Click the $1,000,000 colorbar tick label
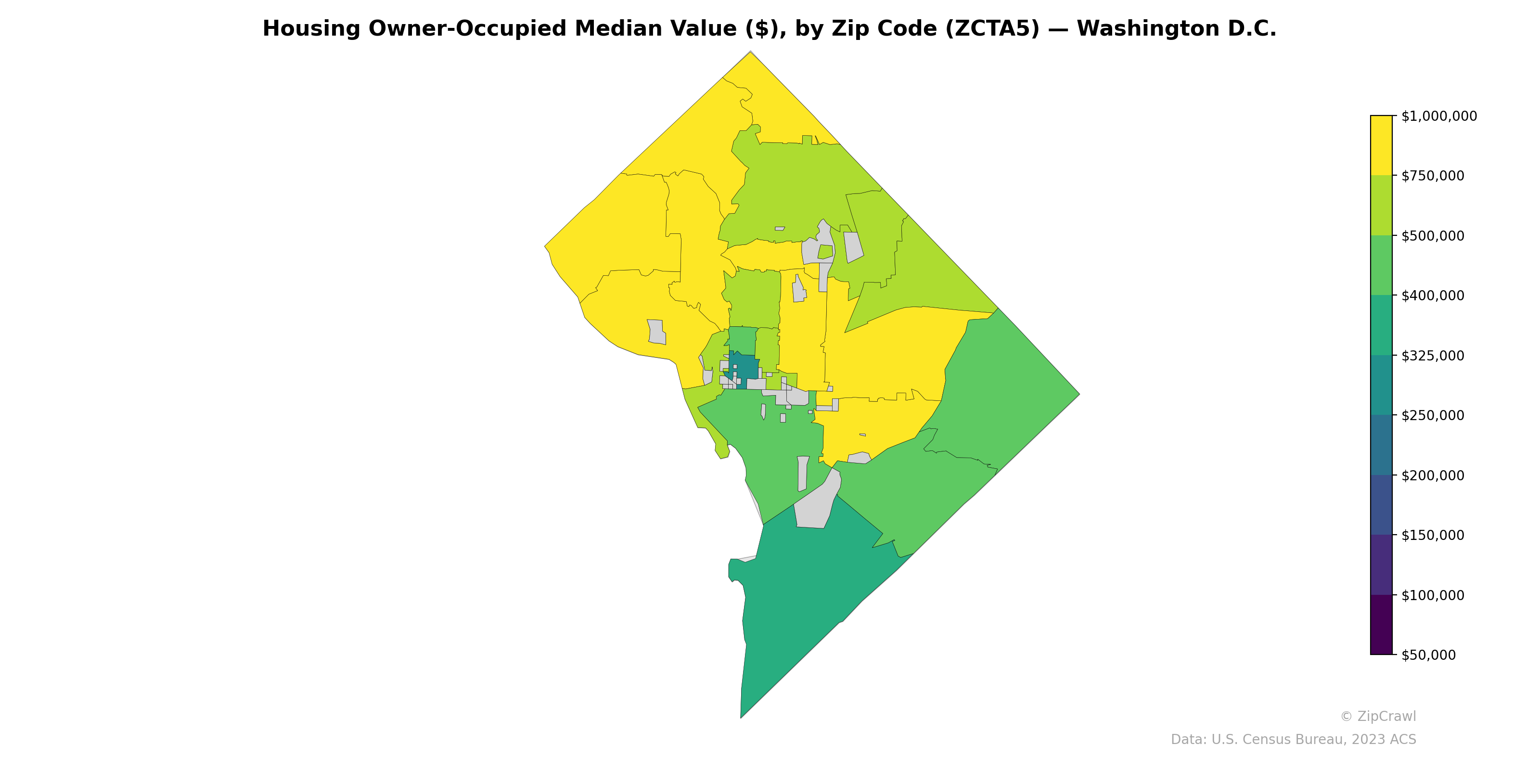pos(1439,116)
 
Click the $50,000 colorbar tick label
pos(1429,654)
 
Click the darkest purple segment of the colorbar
pos(1381,625)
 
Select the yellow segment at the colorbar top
pos(1381,145)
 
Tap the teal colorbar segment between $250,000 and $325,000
pos(1381,385)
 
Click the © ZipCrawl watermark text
pos(1378,716)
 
